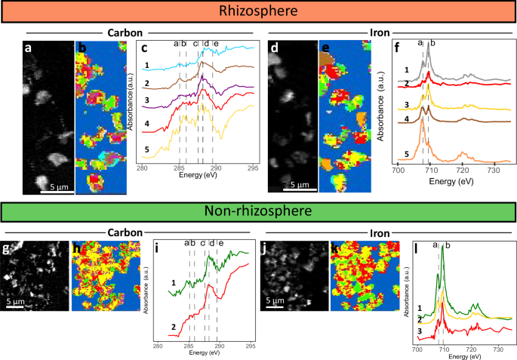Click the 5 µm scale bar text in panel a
click(x=57, y=186)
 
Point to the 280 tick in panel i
click(x=158, y=348)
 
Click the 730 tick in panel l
click(x=497, y=350)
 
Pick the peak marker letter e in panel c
click(x=216, y=44)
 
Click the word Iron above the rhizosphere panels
click(x=381, y=32)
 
